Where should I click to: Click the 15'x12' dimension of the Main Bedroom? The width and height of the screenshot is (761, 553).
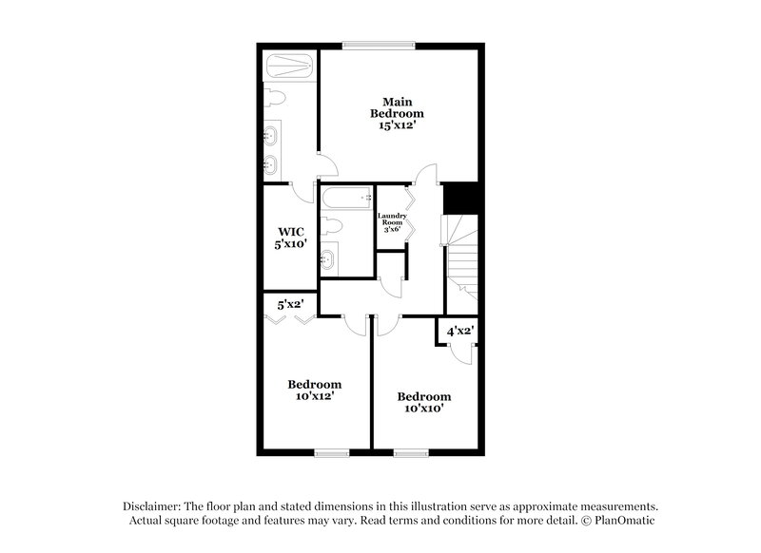397,124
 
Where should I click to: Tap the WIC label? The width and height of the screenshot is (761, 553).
290,232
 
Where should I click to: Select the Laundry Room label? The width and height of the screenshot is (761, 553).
392,220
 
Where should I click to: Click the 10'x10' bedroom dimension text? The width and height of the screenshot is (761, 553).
423,408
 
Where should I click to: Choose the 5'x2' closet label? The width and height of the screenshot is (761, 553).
290,306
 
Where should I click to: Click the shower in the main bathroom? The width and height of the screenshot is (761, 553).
291,67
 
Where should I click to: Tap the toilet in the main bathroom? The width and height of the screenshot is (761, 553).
275,100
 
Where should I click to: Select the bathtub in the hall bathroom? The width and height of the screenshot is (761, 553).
347,200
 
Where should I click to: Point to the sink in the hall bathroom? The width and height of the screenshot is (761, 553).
328,257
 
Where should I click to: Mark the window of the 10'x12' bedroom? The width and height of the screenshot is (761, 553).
333,452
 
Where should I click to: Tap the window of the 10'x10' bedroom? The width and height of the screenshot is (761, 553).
412,452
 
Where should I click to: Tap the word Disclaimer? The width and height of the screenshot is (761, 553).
156,506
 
